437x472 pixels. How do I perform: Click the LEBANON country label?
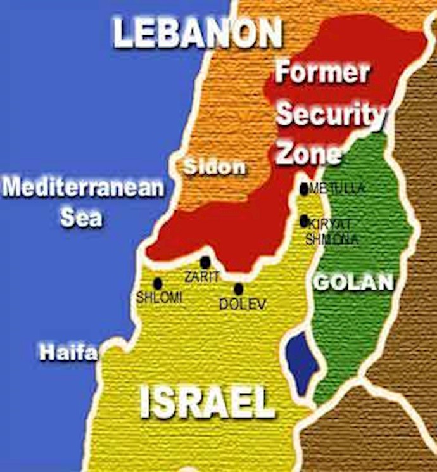(x=197, y=33)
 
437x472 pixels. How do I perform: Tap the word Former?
(x=322, y=73)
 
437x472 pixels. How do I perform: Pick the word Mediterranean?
(x=83, y=188)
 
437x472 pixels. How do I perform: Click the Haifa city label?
(x=69, y=352)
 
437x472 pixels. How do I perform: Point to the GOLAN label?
(x=354, y=283)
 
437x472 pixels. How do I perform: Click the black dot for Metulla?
(x=304, y=188)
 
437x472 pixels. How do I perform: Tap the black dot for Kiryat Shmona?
(x=304, y=220)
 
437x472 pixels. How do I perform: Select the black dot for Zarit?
(x=205, y=262)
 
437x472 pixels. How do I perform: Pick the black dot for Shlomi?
(x=158, y=283)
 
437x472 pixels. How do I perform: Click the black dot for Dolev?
(x=238, y=288)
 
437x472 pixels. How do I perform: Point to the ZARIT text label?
(x=201, y=276)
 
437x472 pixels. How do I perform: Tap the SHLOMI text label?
(x=160, y=298)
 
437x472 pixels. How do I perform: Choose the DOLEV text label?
(x=243, y=304)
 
